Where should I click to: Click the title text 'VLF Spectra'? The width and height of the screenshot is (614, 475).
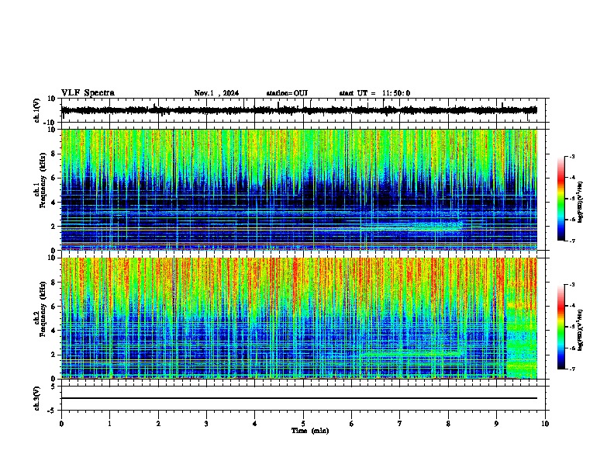tap(88, 93)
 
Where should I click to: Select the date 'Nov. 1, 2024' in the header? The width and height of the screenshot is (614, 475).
tap(216, 93)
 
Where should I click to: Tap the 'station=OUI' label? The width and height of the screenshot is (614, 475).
tap(287, 93)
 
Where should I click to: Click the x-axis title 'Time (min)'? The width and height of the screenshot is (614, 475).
tap(309, 430)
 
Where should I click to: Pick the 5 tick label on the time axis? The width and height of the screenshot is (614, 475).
tap(303, 423)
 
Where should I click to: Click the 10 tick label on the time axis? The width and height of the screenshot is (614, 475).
tap(545, 423)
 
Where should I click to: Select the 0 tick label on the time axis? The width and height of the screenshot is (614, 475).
tap(61, 423)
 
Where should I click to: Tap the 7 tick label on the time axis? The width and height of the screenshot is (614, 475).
tap(400, 423)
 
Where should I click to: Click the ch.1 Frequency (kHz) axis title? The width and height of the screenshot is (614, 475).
tap(39, 189)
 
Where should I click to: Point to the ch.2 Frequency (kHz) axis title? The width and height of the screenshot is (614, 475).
tap(39, 317)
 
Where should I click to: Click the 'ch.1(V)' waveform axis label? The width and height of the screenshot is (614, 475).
tap(37, 110)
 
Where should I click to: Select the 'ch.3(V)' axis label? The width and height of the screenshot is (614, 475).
tap(37, 397)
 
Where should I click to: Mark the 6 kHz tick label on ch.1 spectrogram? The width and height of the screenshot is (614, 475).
tap(53, 178)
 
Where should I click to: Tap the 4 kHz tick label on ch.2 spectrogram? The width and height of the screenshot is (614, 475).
tap(53, 331)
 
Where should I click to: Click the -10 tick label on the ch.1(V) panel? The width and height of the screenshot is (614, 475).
tap(50, 123)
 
